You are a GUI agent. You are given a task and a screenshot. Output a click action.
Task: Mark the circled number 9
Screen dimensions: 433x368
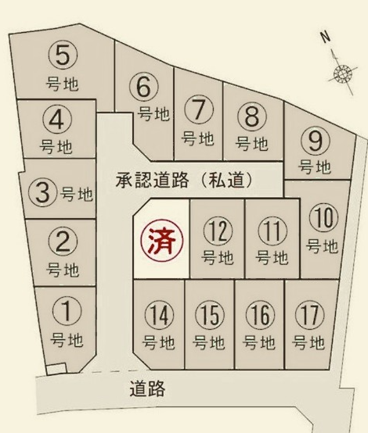(315, 141)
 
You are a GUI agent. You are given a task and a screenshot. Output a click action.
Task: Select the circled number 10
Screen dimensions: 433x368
(322, 216)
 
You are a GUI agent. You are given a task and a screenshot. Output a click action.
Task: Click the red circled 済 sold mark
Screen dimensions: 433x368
(161, 238)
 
